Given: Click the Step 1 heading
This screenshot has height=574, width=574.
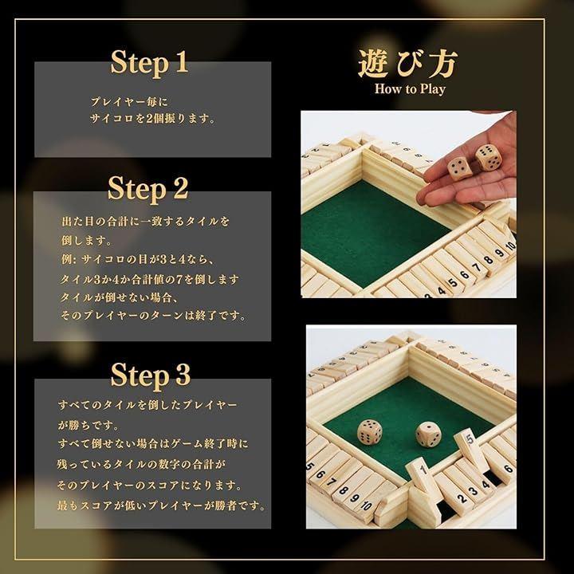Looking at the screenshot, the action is tap(149, 63).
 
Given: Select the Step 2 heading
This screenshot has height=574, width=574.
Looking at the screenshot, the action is tap(148, 188).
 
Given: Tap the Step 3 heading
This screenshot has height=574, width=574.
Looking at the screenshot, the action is tap(151, 375).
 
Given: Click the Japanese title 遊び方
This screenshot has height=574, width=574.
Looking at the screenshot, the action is tap(408, 64).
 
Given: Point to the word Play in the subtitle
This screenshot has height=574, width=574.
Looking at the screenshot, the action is tap(432, 89).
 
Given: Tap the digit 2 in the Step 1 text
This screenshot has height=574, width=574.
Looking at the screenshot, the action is tap(148, 119).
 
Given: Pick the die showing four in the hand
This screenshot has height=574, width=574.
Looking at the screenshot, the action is tap(460, 169).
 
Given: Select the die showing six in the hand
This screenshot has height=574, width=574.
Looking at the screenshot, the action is tap(489, 157).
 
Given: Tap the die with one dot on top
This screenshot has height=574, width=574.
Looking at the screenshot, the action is tap(427, 434).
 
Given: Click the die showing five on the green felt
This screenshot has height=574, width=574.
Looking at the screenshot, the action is tap(370, 432).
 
